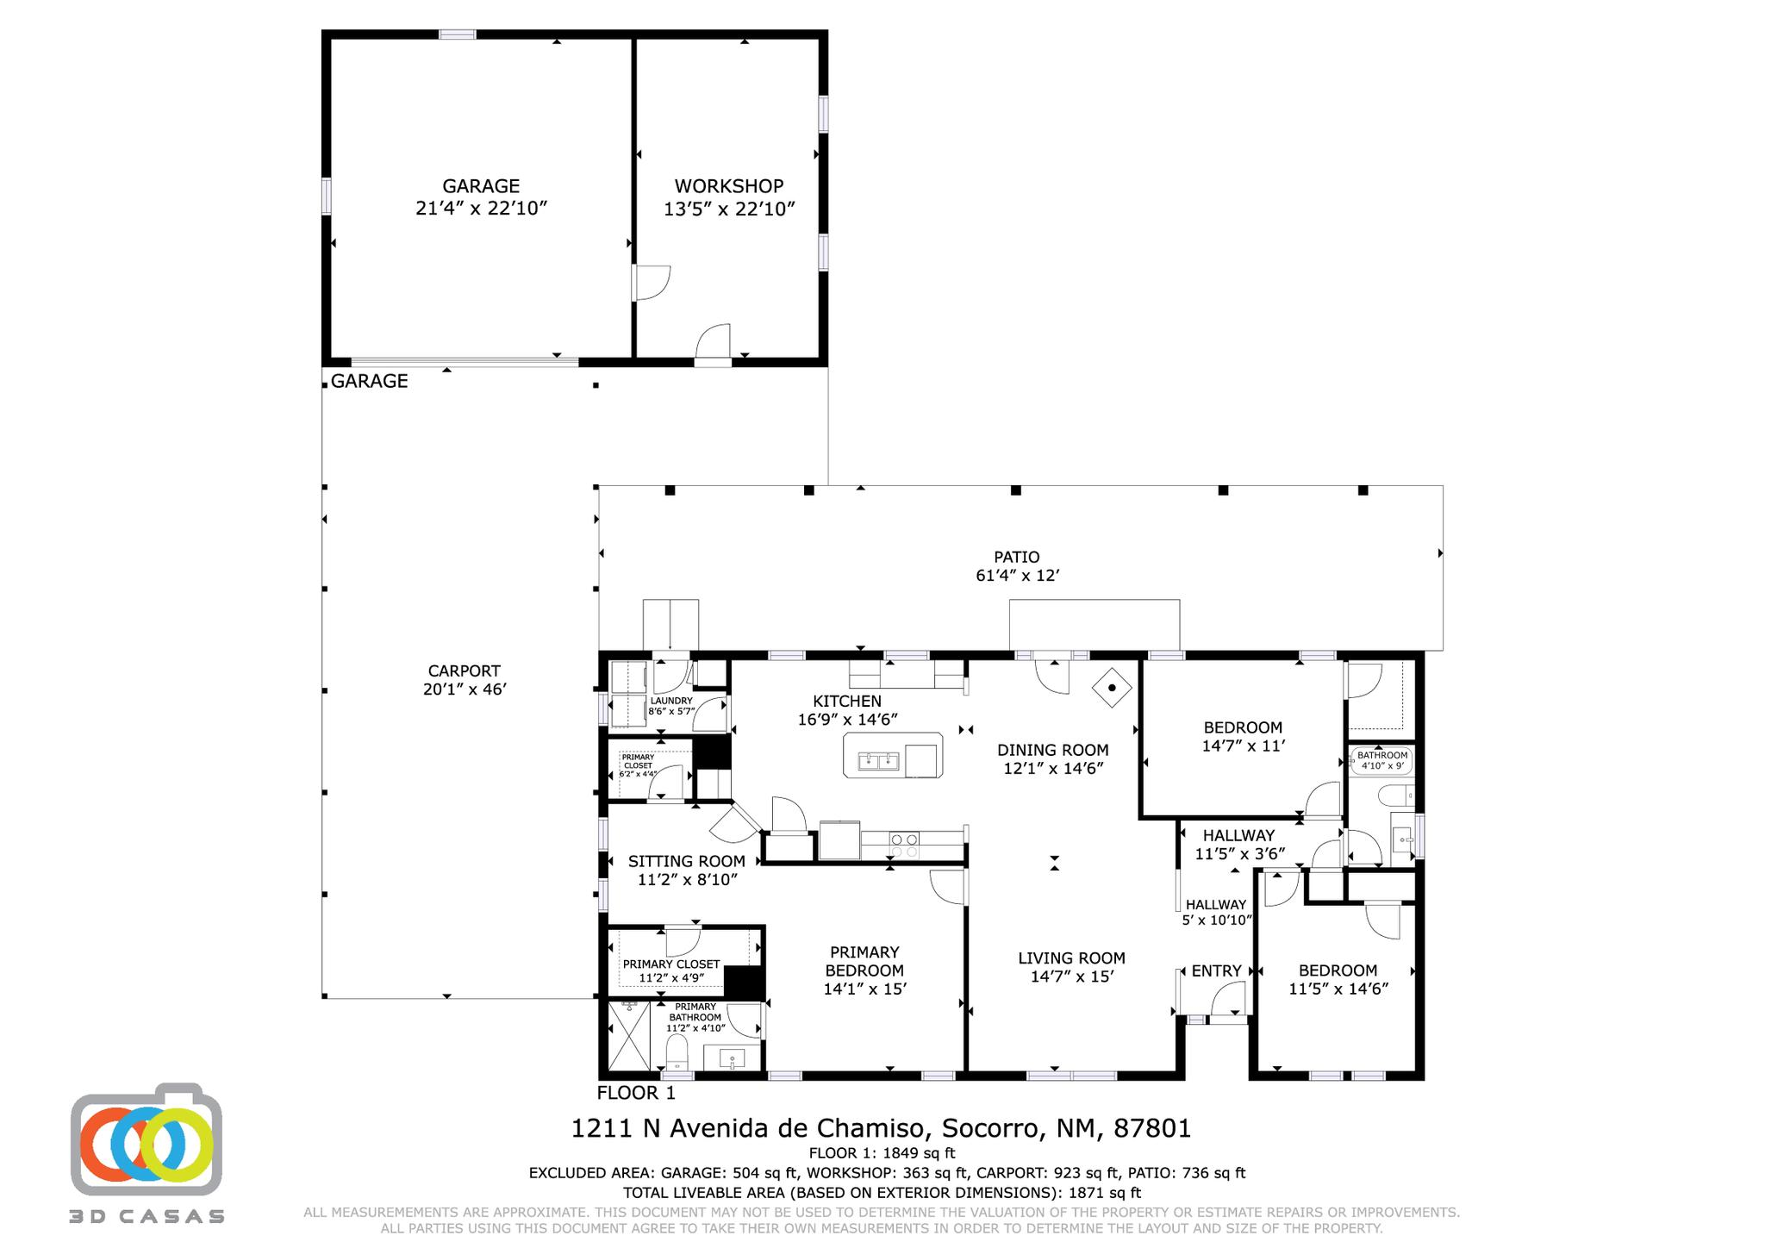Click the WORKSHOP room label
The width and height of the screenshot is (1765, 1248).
pyautogui.click(x=728, y=186)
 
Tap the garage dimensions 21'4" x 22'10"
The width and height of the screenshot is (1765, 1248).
pyautogui.click(x=482, y=209)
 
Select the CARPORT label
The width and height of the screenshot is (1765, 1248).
pyautogui.click(x=464, y=671)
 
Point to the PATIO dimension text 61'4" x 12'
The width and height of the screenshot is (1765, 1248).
pyautogui.click(x=1017, y=576)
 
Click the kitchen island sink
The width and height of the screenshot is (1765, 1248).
pyautogui.click(x=878, y=761)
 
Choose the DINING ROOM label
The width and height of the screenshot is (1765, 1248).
pyautogui.click(x=1053, y=750)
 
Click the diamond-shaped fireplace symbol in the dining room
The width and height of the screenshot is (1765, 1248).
pyautogui.click(x=1113, y=688)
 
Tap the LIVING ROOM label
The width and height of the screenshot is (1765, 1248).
pyautogui.click(x=1071, y=958)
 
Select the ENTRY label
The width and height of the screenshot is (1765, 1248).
pyautogui.click(x=1216, y=970)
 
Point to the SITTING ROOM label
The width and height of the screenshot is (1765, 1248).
pyautogui.click(x=686, y=861)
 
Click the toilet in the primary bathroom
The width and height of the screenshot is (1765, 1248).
pyautogui.click(x=677, y=1051)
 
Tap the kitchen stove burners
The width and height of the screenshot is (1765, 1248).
pyautogui.click(x=903, y=846)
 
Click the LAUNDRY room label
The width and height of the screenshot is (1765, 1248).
pyautogui.click(x=671, y=701)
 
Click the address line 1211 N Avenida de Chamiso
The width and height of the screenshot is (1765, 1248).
pyautogui.click(x=748, y=1128)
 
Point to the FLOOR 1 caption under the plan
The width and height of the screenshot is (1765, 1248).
pyautogui.click(x=636, y=1093)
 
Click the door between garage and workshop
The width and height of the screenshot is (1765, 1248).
pyautogui.click(x=651, y=283)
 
